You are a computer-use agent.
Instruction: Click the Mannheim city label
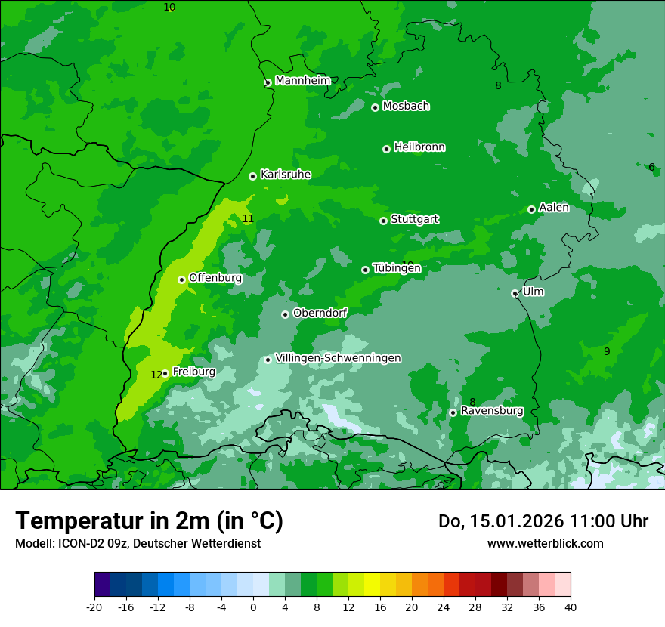pyautogui.click(x=302, y=81)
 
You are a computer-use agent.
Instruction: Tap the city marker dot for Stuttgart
pyautogui.click(x=383, y=221)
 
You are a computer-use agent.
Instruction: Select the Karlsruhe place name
pyautogui.click(x=286, y=175)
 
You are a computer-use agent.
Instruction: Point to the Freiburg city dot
pyautogui.click(x=165, y=373)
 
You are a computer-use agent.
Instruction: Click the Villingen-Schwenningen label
pyautogui.click(x=338, y=358)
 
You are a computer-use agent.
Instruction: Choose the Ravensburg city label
pyautogui.click(x=492, y=411)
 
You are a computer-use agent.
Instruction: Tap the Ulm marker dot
pyautogui.click(x=515, y=293)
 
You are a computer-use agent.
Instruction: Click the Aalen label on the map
pyautogui.click(x=554, y=208)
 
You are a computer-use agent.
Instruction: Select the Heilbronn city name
pyautogui.click(x=419, y=147)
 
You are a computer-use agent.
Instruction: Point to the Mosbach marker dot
pyautogui.click(x=375, y=107)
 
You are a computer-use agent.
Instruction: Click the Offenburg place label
pyautogui.click(x=215, y=278)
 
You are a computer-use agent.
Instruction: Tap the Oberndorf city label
pyautogui.click(x=320, y=313)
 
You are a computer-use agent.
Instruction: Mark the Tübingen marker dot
pyautogui.click(x=365, y=270)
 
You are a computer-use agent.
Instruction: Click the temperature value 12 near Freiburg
pyautogui.click(x=156, y=375)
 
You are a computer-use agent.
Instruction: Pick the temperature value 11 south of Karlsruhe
pyautogui.click(x=248, y=219)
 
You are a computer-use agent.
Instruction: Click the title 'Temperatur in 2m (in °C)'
pyautogui.click(x=149, y=521)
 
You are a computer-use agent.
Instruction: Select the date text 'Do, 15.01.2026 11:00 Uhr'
pyautogui.click(x=543, y=521)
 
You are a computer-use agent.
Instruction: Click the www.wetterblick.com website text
pyautogui.click(x=545, y=543)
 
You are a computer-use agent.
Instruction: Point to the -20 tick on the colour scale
pyautogui.click(x=94, y=607)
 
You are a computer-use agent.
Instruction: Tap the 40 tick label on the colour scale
pyautogui.click(x=571, y=607)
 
